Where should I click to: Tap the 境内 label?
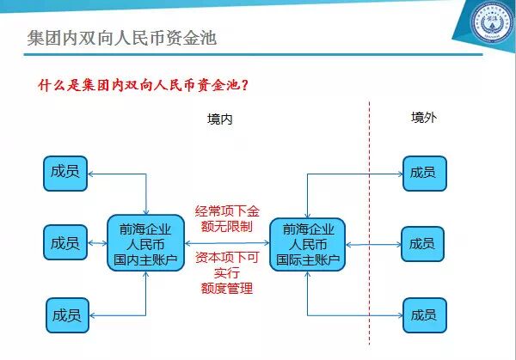coord(220,119)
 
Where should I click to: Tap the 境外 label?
coord(423,118)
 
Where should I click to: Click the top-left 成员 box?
coord(65,173)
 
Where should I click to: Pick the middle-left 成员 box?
coord(65,243)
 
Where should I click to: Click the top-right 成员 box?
coord(424,173)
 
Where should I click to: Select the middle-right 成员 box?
coord(423,243)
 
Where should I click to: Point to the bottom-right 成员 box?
coord(424,314)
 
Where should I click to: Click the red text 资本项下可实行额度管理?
coord(226,272)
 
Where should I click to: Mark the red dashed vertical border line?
coord(370,215)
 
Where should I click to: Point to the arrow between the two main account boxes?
coord(225,244)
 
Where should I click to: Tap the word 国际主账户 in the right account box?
coord(308,259)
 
